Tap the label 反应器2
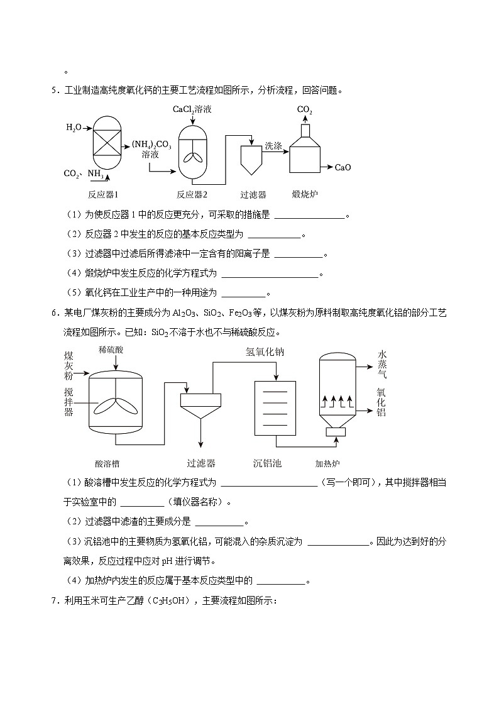click(192, 194)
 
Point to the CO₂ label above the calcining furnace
click(305, 110)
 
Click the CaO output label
click(343, 167)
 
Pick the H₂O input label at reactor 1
click(74, 128)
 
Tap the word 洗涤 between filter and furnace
click(273, 145)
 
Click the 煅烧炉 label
click(305, 194)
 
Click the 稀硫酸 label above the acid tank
click(111, 349)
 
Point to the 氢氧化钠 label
click(265, 352)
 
